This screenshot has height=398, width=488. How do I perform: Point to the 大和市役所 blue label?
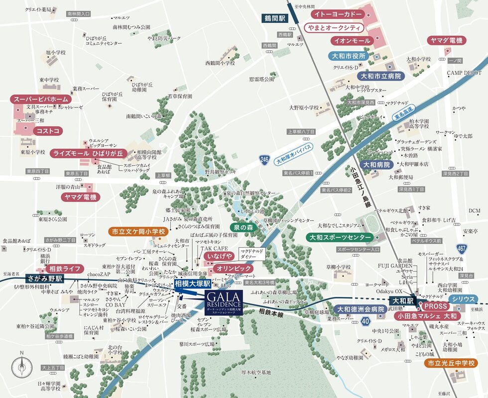[349, 56]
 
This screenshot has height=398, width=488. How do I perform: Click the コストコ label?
[48, 131]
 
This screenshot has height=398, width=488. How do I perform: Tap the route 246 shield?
[264, 160]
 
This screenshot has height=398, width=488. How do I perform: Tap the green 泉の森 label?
[244, 227]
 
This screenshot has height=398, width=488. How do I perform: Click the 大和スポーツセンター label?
[340, 237]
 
